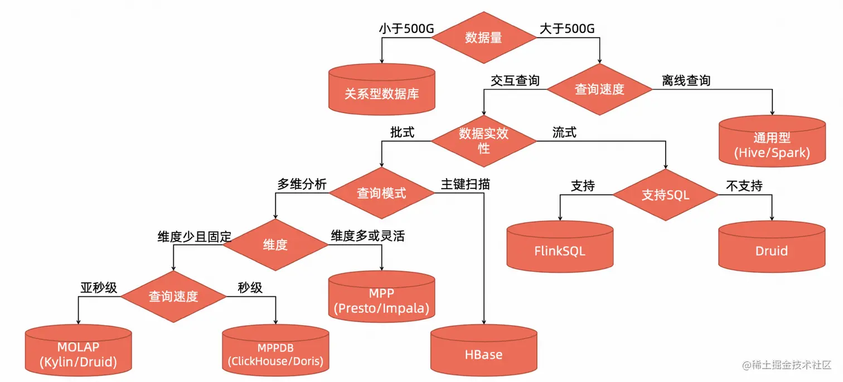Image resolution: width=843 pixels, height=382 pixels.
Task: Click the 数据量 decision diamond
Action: [483, 37]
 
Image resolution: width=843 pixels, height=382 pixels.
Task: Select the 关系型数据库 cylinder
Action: [381, 89]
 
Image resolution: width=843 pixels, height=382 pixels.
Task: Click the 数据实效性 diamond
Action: [483, 141]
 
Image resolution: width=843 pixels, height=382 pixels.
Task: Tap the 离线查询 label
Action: [686, 81]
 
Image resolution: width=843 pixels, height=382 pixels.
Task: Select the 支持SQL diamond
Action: [665, 195]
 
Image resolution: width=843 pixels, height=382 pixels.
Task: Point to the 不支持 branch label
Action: [744, 185]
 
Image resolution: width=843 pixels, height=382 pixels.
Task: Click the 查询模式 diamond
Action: [381, 193]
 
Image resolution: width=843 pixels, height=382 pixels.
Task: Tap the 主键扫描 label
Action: [465, 184]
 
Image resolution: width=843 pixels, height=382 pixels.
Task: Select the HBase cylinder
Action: [483, 351]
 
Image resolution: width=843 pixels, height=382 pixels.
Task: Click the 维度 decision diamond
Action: [275, 244]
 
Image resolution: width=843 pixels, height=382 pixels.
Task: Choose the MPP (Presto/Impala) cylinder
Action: [381, 298]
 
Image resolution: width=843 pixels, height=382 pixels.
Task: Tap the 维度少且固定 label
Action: [194, 237]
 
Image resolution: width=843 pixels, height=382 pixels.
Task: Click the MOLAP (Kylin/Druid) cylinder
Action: [79, 351]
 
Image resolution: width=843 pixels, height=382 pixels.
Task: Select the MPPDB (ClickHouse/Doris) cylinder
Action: [275, 351]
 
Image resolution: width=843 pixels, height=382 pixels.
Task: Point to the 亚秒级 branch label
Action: [99, 287]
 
